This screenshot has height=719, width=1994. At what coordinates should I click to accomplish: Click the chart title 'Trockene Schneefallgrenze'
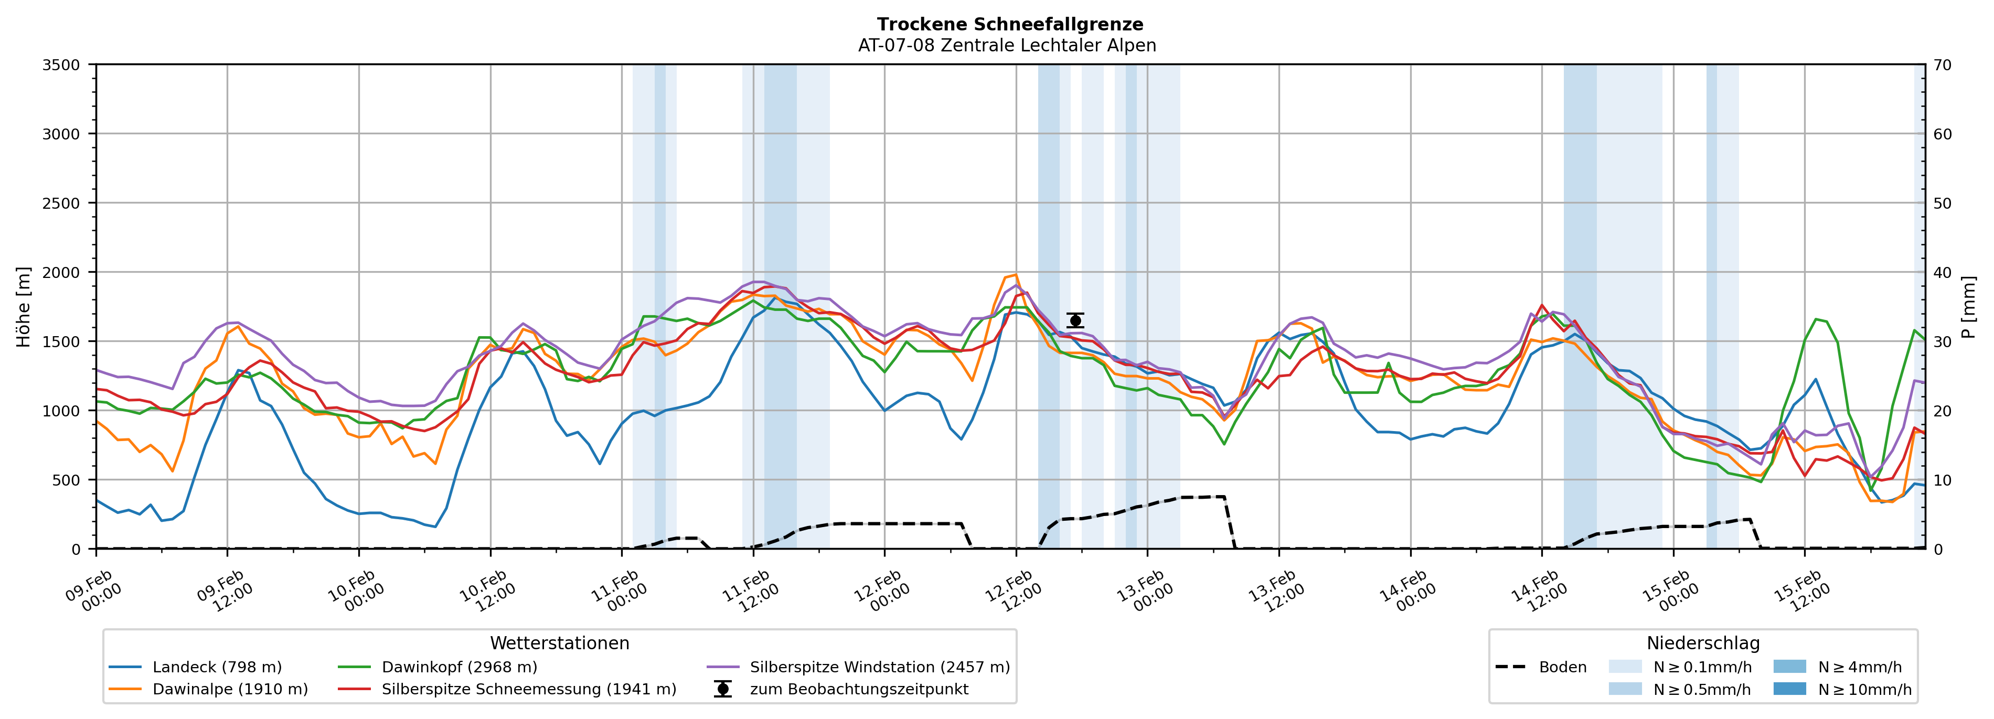(1009, 25)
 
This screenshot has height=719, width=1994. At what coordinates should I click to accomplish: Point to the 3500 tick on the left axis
(61, 65)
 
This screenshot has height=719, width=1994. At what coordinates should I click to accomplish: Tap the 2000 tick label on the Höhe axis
(61, 272)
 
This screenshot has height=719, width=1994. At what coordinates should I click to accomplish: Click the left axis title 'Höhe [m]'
(24, 306)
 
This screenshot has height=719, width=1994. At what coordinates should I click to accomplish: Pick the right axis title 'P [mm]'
(1968, 306)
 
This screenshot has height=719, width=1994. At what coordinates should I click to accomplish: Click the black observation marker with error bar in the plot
(1075, 320)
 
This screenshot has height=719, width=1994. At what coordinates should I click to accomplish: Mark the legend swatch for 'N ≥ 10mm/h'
(1789, 689)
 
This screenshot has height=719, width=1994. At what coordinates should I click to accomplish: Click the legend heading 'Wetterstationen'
(560, 643)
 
